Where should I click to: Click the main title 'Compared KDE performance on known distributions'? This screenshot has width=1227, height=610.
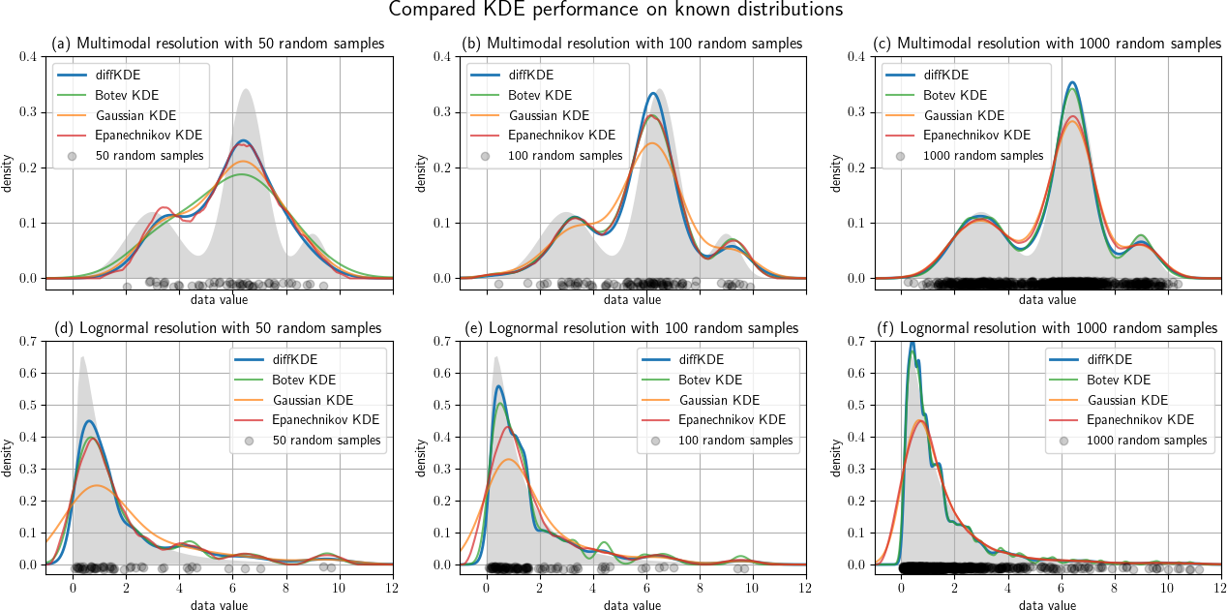(x=614, y=11)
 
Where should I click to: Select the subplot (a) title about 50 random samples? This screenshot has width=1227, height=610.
(x=218, y=44)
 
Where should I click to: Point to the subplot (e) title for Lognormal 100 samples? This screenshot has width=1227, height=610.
(x=632, y=328)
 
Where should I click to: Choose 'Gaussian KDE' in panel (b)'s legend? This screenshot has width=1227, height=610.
(x=548, y=115)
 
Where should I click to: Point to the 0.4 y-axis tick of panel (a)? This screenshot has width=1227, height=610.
(x=30, y=56)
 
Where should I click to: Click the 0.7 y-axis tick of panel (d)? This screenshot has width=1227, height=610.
(x=30, y=341)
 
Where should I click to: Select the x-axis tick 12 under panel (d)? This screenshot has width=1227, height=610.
(x=392, y=589)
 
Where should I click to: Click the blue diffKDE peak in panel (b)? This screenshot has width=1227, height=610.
(x=653, y=93)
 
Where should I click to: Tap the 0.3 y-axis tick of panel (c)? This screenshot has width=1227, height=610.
(x=857, y=112)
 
